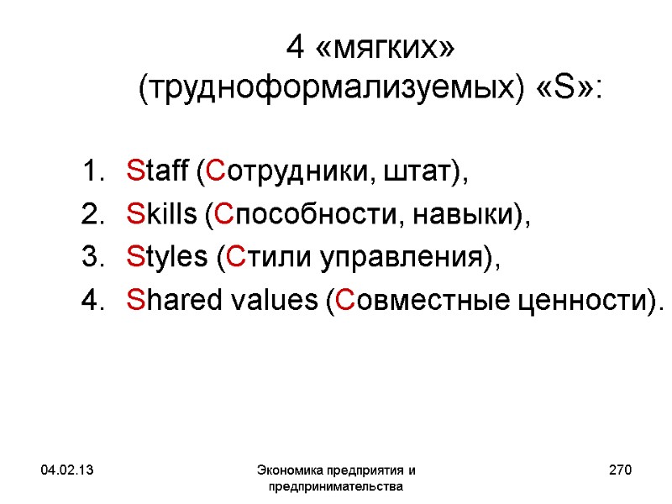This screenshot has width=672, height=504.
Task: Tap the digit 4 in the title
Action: [x=295, y=48]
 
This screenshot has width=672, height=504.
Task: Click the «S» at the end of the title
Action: [x=569, y=87]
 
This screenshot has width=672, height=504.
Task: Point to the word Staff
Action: [x=157, y=173]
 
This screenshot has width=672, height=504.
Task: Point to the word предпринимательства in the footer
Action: [x=335, y=486]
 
